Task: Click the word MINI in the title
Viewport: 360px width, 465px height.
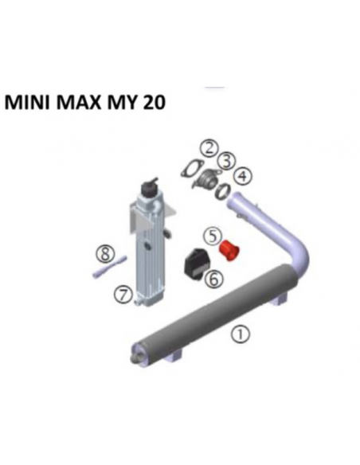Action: pyautogui.click(x=27, y=103)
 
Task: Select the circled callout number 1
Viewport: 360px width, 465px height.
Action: pyautogui.click(x=241, y=334)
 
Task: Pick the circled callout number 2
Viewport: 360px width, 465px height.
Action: pyautogui.click(x=209, y=149)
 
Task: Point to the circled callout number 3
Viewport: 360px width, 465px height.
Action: pyautogui.click(x=226, y=162)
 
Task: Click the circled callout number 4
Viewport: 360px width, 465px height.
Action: pyautogui.click(x=243, y=176)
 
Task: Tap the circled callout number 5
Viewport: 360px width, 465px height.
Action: pyautogui.click(x=213, y=236)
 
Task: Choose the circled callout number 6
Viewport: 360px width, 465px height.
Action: pyautogui.click(x=213, y=279)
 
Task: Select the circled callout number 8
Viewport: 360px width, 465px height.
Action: pyautogui.click(x=105, y=254)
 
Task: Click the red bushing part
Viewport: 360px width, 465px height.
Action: pyautogui.click(x=229, y=251)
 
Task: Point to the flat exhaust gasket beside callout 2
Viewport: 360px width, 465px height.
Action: pyautogui.click(x=192, y=168)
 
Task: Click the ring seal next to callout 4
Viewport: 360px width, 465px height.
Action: pyautogui.click(x=222, y=191)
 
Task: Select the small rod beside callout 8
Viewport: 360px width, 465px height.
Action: pyautogui.click(x=110, y=267)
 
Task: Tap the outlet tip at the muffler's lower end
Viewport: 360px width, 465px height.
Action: pyautogui.click(x=135, y=358)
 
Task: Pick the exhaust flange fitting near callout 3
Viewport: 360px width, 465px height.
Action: pyautogui.click(x=205, y=179)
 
